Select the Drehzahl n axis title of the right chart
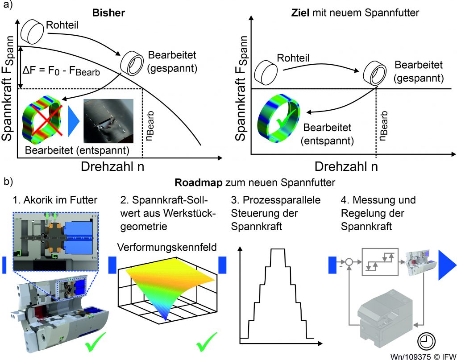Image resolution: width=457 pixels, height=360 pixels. (347, 166)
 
